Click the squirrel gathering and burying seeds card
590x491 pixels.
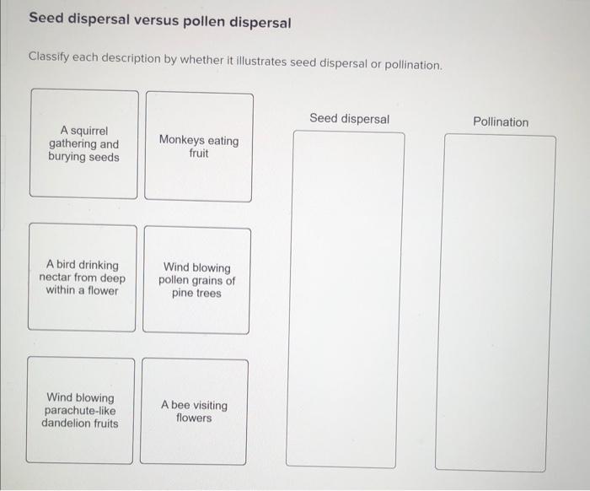pyautogui.click(x=83, y=144)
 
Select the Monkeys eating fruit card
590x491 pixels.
pyautogui.click(x=198, y=147)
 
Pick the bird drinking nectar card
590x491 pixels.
pyautogui.click(x=83, y=278)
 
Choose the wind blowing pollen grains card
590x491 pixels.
pyautogui.click(x=196, y=281)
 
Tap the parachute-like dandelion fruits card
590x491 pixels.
pyautogui.click(x=80, y=410)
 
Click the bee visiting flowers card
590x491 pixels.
pyautogui.click(x=194, y=412)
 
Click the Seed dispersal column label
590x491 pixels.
pyautogui.click(x=349, y=119)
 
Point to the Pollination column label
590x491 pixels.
pyautogui.click(x=501, y=121)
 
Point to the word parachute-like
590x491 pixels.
pyautogui.click(x=80, y=411)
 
